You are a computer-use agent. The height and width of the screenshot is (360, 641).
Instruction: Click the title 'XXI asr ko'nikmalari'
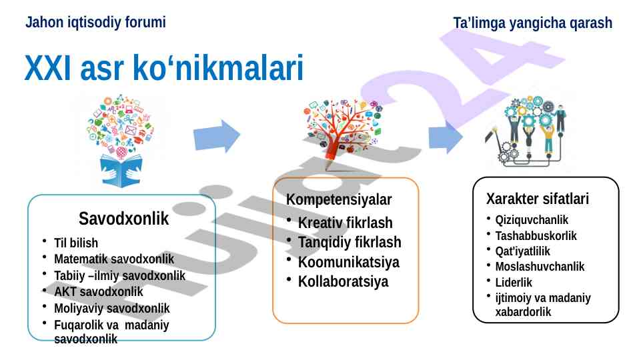point(164,68)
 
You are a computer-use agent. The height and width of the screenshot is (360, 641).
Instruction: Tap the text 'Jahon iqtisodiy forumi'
point(95,22)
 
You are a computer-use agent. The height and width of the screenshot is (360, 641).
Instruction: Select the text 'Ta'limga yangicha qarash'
point(533,23)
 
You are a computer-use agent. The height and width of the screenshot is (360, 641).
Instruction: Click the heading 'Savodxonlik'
point(123,219)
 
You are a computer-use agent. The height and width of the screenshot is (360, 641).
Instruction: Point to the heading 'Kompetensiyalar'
point(339,199)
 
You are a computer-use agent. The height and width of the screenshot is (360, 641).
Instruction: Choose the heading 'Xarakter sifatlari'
point(538,199)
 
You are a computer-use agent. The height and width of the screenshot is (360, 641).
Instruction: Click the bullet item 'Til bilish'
point(76,243)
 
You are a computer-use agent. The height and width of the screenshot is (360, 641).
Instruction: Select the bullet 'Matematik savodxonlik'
point(114,259)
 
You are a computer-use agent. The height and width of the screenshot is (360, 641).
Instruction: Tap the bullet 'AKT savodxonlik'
point(99,292)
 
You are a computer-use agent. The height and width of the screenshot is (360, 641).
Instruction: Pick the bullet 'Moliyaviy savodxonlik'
point(111,308)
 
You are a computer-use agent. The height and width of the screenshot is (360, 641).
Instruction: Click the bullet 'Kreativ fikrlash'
point(346,223)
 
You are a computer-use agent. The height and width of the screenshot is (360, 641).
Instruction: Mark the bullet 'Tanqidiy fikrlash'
point(350,242)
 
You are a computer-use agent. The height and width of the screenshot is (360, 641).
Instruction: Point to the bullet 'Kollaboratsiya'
point(343,281)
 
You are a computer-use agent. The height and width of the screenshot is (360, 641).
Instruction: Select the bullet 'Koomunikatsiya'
point(349,262)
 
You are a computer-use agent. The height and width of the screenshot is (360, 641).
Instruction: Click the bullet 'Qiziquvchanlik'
point(532,220)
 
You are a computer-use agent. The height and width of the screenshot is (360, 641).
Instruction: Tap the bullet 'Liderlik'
point(514,283)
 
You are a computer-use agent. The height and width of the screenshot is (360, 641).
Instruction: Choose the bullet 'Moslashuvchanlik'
point(540,267)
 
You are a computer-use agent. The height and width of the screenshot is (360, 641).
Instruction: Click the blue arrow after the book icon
point(217,136)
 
